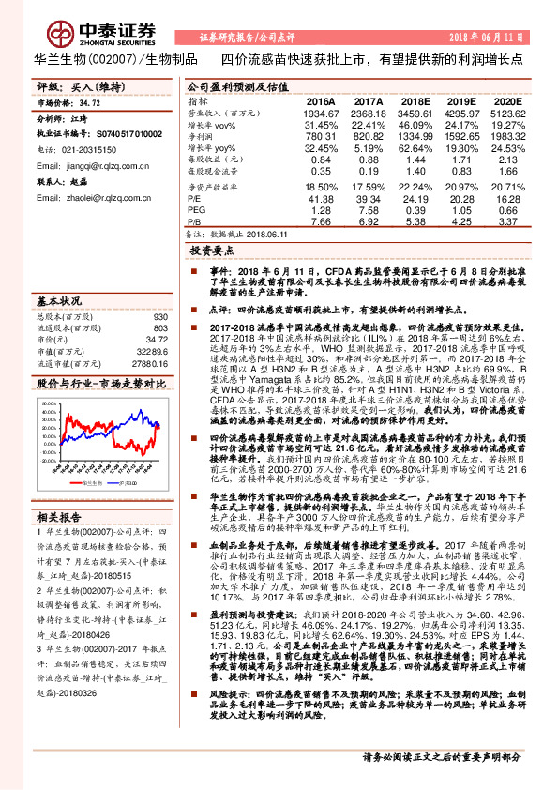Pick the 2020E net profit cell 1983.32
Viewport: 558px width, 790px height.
click(501, 134)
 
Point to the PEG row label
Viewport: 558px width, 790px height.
click(196, 210)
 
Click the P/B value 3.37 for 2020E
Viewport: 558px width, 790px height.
click(508, 220)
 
